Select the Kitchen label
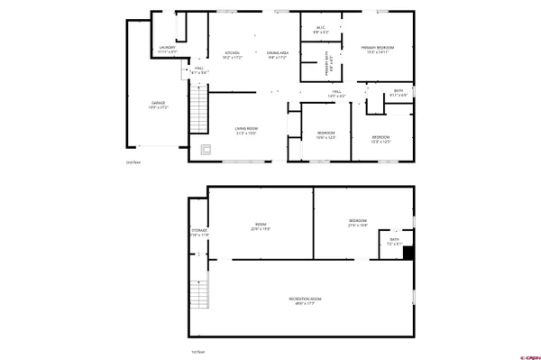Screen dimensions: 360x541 [232, 55]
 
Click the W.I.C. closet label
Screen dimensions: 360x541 [320, 29]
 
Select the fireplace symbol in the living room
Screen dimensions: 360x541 [206, 151]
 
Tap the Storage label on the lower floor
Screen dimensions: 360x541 [199, 233]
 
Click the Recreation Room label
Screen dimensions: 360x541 [307, 300]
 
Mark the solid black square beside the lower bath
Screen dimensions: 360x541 [408, 254]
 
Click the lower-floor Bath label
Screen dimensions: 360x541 [394, 242]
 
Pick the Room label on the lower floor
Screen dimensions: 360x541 [261, 226]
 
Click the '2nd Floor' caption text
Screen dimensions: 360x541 [133, 163]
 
